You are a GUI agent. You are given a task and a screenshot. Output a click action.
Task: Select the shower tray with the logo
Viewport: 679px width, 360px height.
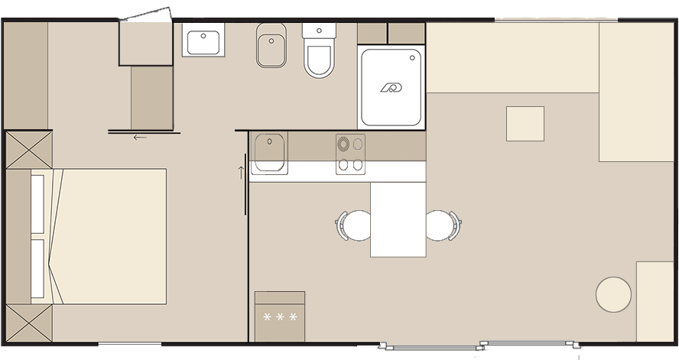point(391,87)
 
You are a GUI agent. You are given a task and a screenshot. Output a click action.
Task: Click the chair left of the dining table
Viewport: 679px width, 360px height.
point(354,225)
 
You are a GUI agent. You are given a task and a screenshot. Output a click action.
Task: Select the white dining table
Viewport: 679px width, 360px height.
point(398,219)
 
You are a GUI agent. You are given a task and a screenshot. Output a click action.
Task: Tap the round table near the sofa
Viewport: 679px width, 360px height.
point(613,294)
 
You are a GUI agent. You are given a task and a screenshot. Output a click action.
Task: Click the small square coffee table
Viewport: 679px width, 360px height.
point(525,124)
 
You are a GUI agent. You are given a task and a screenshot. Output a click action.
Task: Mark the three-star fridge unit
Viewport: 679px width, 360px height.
point(279,316)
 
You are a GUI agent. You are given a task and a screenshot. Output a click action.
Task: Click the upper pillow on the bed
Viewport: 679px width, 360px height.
point(37,203)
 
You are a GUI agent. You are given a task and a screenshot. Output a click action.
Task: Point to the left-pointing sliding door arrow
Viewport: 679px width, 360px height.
point(139,138)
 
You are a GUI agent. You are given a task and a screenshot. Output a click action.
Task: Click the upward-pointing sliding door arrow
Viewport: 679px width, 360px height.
point(241,172)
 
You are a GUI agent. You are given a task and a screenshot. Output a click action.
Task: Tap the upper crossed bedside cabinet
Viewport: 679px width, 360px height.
point(29,148)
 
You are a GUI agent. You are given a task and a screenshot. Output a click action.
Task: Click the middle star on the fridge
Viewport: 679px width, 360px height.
point(280,316)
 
